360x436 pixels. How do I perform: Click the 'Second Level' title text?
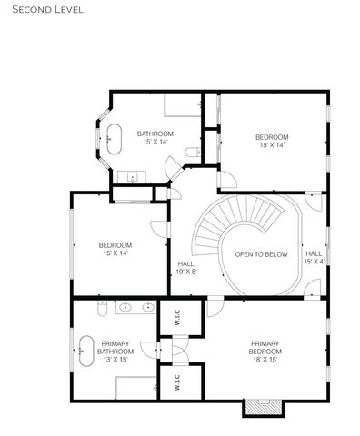tap(43, 10)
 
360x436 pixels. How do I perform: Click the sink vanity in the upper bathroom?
tap(134, 176)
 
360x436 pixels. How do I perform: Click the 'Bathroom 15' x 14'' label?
tap(154, 137)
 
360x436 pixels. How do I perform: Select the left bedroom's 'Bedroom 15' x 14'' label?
tap(115, 249)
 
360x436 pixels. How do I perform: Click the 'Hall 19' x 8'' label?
tap(186, 267)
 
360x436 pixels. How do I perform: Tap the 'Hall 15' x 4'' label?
tap(314, 257)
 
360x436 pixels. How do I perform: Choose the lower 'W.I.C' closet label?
tap(177, 384)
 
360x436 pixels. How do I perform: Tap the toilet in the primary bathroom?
tap(103, 310)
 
